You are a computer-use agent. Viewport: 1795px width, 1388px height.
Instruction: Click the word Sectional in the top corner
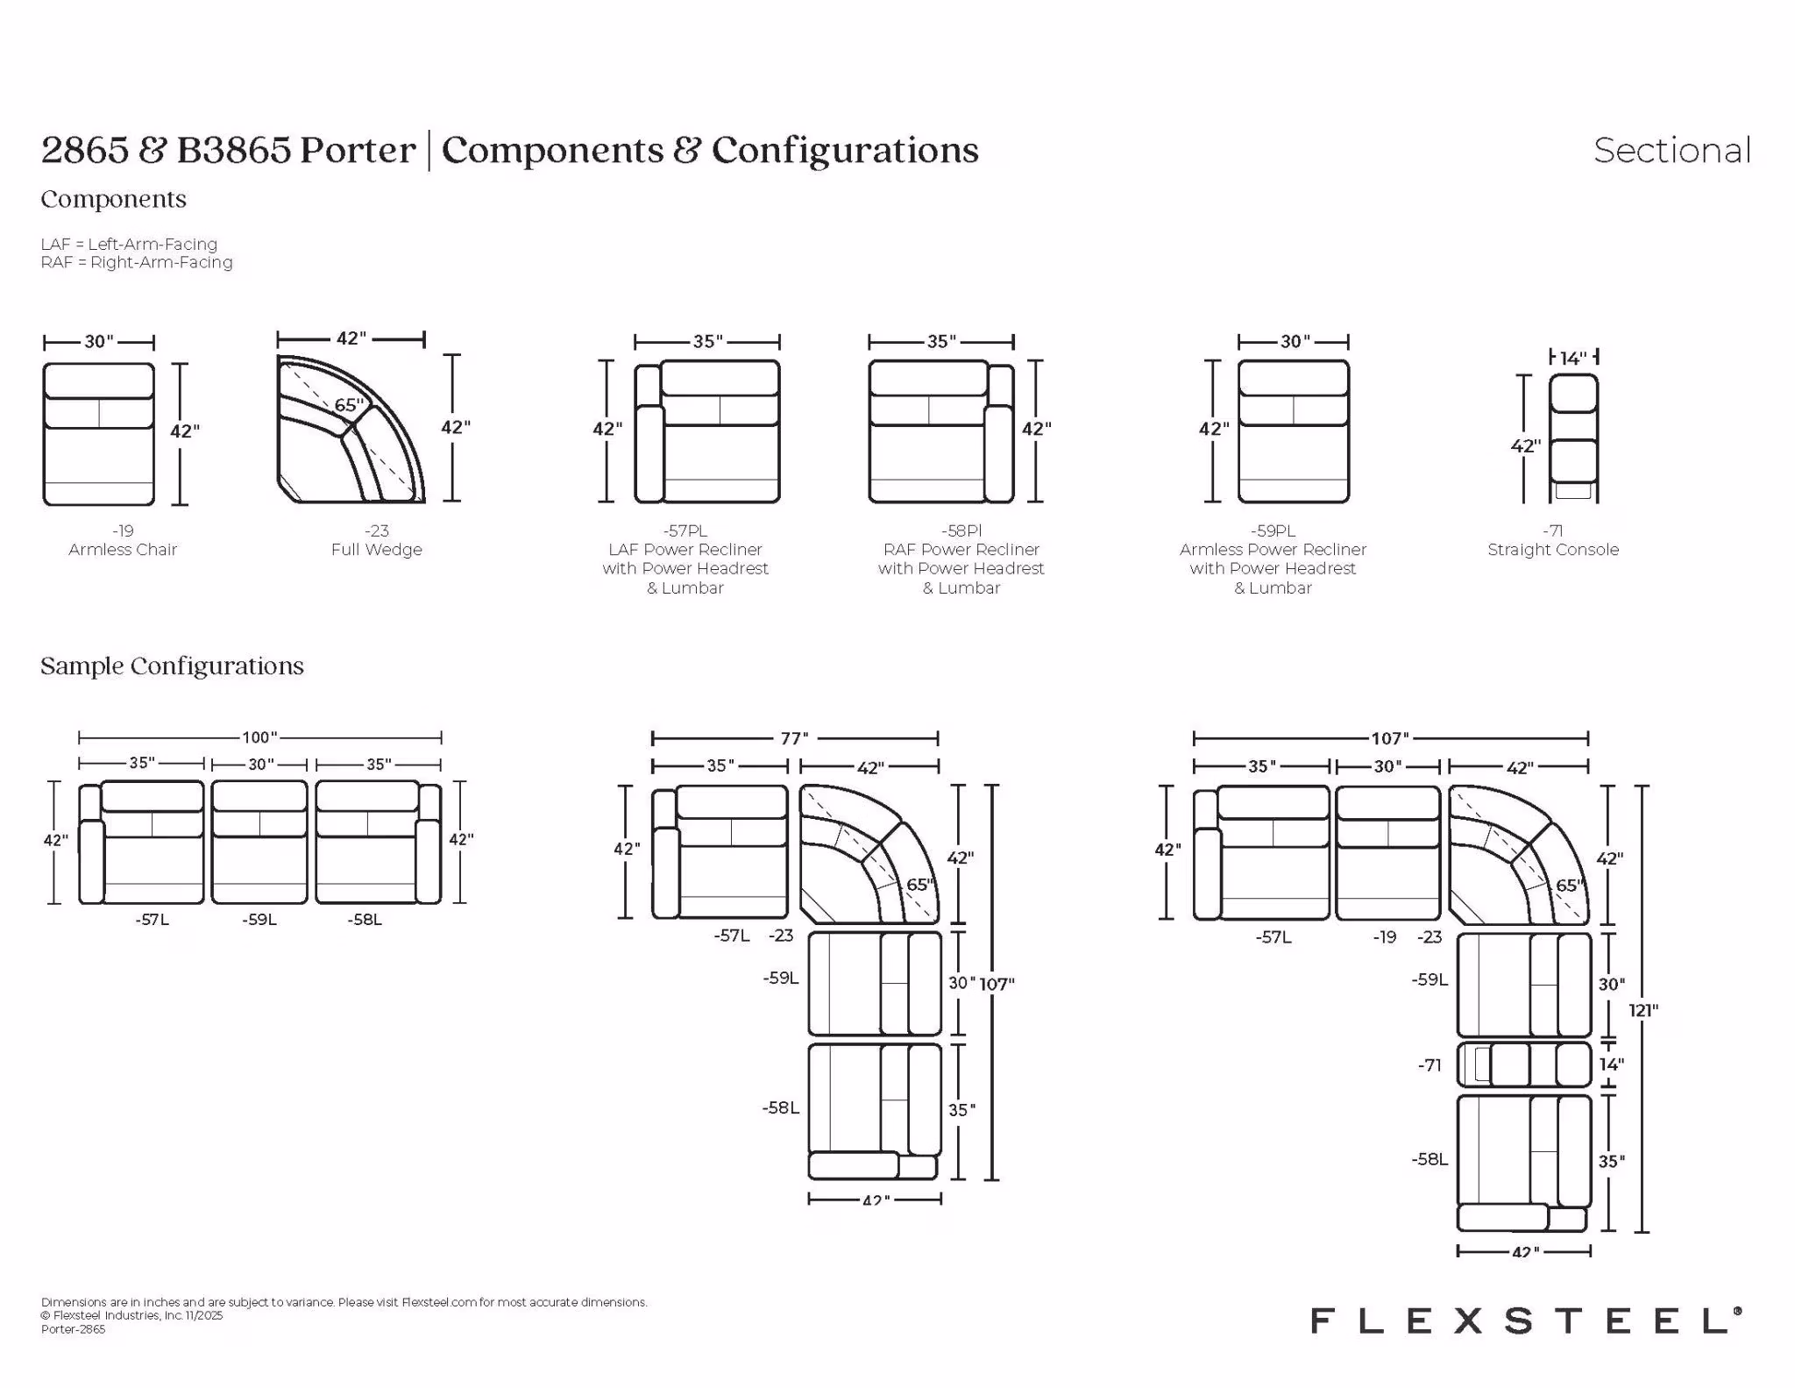[x=1671, y=150]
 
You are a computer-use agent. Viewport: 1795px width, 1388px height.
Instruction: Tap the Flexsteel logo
[x=1526, y=1320]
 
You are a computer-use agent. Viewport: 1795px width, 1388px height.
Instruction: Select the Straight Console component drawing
[x=1573, y=438]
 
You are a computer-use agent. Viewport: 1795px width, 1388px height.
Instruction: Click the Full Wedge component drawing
[x=351, y=429]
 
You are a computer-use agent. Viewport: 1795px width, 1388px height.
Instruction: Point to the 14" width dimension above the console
[x=1573, y=357]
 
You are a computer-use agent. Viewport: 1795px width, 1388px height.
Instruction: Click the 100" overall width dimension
[x=260, y=737]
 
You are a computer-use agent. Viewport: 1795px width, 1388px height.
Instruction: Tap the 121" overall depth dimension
[x=1642, y=1009]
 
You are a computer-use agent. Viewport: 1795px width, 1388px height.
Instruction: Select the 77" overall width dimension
[x=795, y=738]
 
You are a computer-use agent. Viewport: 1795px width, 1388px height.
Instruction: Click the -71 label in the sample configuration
[x=1430, y=1065]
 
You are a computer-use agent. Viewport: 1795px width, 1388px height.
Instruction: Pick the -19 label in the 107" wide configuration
[x=1385, y=936]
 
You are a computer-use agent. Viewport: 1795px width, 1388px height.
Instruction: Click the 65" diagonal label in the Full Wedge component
[x=348, y=405]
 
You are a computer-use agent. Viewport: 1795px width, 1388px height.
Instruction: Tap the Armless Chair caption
[x=123, y=550]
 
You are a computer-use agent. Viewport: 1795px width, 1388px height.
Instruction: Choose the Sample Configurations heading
[x=172, y=666]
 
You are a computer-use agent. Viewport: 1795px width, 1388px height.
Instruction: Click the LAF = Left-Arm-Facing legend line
[x=129, y=244]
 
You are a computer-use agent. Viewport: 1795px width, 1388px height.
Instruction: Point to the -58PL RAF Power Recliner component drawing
[x=941, y=431]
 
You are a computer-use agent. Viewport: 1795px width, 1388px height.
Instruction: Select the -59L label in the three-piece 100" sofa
[x=259, y=920]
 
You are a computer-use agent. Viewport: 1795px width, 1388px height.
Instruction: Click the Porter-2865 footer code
[x=73, y=1329]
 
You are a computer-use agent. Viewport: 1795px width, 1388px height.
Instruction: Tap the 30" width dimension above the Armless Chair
[x=99, y=342]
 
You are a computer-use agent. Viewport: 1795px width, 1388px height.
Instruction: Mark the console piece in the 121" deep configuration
[x=1524, y=1064]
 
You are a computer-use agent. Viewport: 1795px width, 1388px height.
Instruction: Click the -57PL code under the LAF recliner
[x=685, y=530]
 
